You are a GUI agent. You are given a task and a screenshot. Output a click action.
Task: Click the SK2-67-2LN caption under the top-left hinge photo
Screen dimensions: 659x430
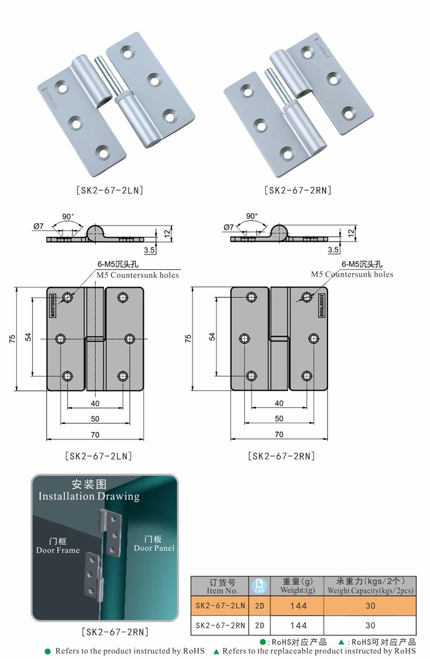pos(109,190)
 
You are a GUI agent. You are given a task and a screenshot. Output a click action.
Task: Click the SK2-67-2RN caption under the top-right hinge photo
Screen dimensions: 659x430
pos(298,190)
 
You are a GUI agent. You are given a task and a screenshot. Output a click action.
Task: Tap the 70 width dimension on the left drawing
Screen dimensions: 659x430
pos(95,434)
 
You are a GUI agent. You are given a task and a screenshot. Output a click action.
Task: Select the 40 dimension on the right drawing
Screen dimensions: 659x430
pos(279,403)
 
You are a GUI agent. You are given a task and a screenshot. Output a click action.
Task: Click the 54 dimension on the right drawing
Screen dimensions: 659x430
pos(212,336)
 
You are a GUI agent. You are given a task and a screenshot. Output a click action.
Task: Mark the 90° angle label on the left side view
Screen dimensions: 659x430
pos(68,217)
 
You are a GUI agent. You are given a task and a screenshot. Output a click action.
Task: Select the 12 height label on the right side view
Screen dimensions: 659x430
pos(350,232)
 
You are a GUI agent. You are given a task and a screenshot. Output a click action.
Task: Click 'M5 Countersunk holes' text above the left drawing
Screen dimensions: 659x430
pos(137,275)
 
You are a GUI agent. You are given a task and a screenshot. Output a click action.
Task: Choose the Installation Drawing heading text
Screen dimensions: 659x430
pos(89,496)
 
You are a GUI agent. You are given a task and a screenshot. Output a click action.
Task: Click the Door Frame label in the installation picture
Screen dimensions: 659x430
pos(58,550)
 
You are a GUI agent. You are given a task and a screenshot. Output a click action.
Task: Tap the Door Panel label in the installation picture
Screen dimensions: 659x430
pos(154,548)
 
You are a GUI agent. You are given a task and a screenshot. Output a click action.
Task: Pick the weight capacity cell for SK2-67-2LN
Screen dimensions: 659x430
pos(370,606)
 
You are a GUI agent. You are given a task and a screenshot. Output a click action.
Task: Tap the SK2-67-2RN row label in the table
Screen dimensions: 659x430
pos(220,625)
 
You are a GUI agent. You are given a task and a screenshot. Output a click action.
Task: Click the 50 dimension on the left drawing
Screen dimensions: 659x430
pos(95,418)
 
